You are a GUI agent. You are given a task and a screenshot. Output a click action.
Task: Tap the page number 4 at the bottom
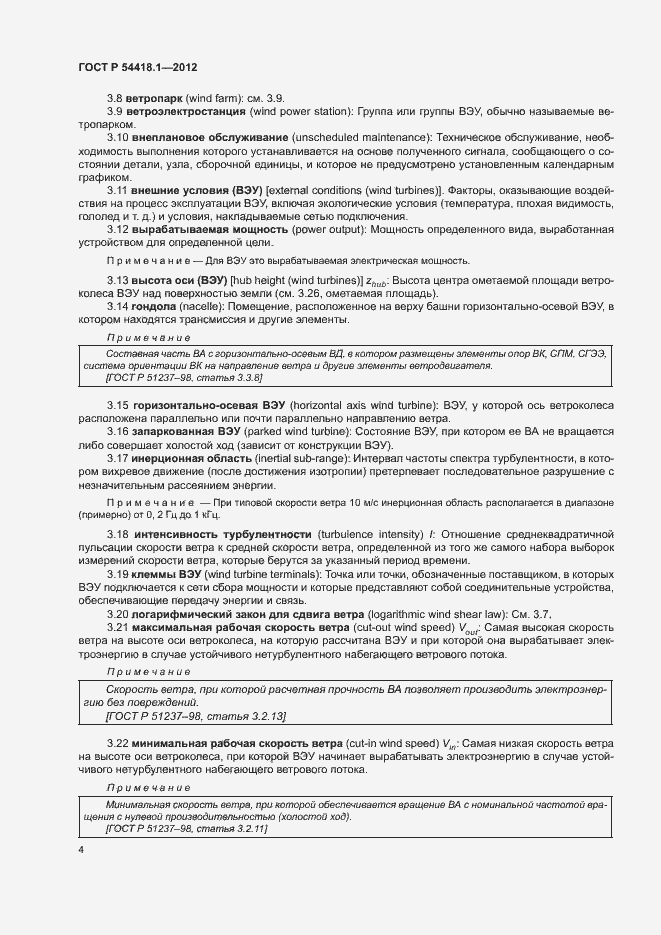coord(80,850)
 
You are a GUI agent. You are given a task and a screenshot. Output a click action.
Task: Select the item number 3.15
coord(117,404)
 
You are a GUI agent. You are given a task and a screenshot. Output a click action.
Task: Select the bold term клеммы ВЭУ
coord(165,575)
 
